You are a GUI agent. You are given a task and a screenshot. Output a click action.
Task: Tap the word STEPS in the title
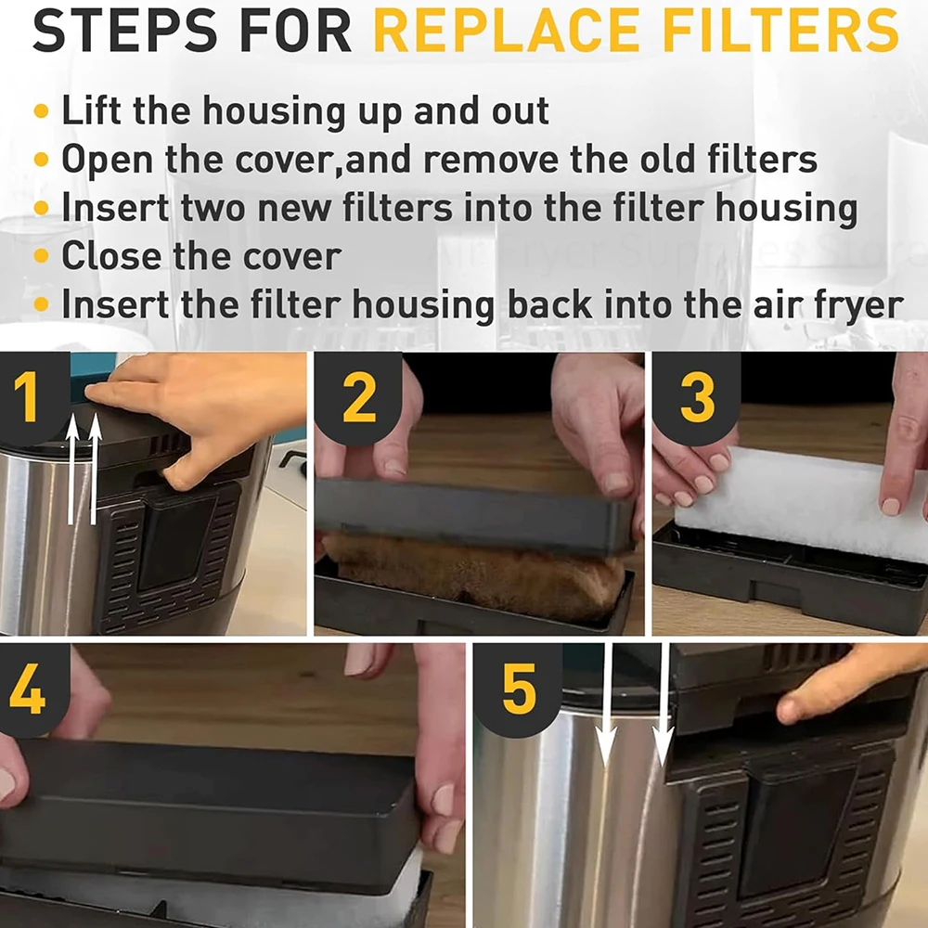tap(125, 31)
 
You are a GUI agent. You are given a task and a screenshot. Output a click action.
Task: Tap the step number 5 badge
tap(518, 689)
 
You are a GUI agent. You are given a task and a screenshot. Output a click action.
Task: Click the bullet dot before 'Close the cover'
tap(41, 256)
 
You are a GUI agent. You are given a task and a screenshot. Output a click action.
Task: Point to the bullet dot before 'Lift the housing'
tap(41, 110)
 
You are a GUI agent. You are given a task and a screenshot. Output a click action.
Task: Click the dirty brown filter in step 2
tap(473, 574)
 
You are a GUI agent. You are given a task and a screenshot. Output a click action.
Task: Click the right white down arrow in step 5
tap(664, 704)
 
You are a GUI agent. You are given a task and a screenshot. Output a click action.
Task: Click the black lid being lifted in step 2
tap(473, 515)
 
